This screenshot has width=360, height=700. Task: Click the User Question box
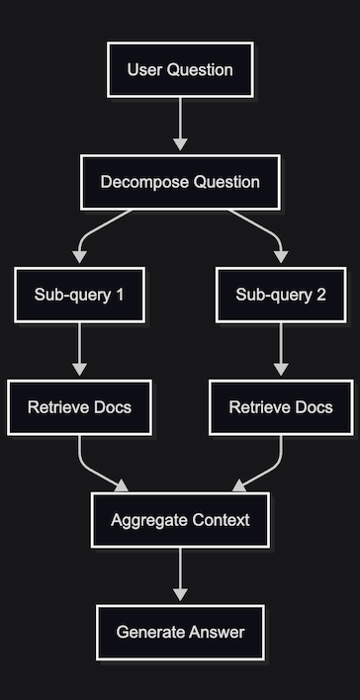[x=180, y=70]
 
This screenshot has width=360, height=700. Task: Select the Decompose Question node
[x=180, y=182]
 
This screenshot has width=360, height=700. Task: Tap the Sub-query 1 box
[x=80, y=295]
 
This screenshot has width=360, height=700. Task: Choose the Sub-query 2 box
[x=280, y=295]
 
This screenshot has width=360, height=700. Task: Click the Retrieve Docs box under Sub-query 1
[x=80, y=407]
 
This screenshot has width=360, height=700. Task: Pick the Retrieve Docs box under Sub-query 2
[x=280, y=407]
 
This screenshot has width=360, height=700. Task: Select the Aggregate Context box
[x=180, y=520]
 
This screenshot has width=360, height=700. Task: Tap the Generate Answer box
[x=180, y=633]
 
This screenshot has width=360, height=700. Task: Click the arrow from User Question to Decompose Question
[x=180, y=126]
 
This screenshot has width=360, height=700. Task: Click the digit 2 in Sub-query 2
[x=321, y=295]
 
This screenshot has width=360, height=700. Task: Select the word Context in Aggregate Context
[x=220, y=520]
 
